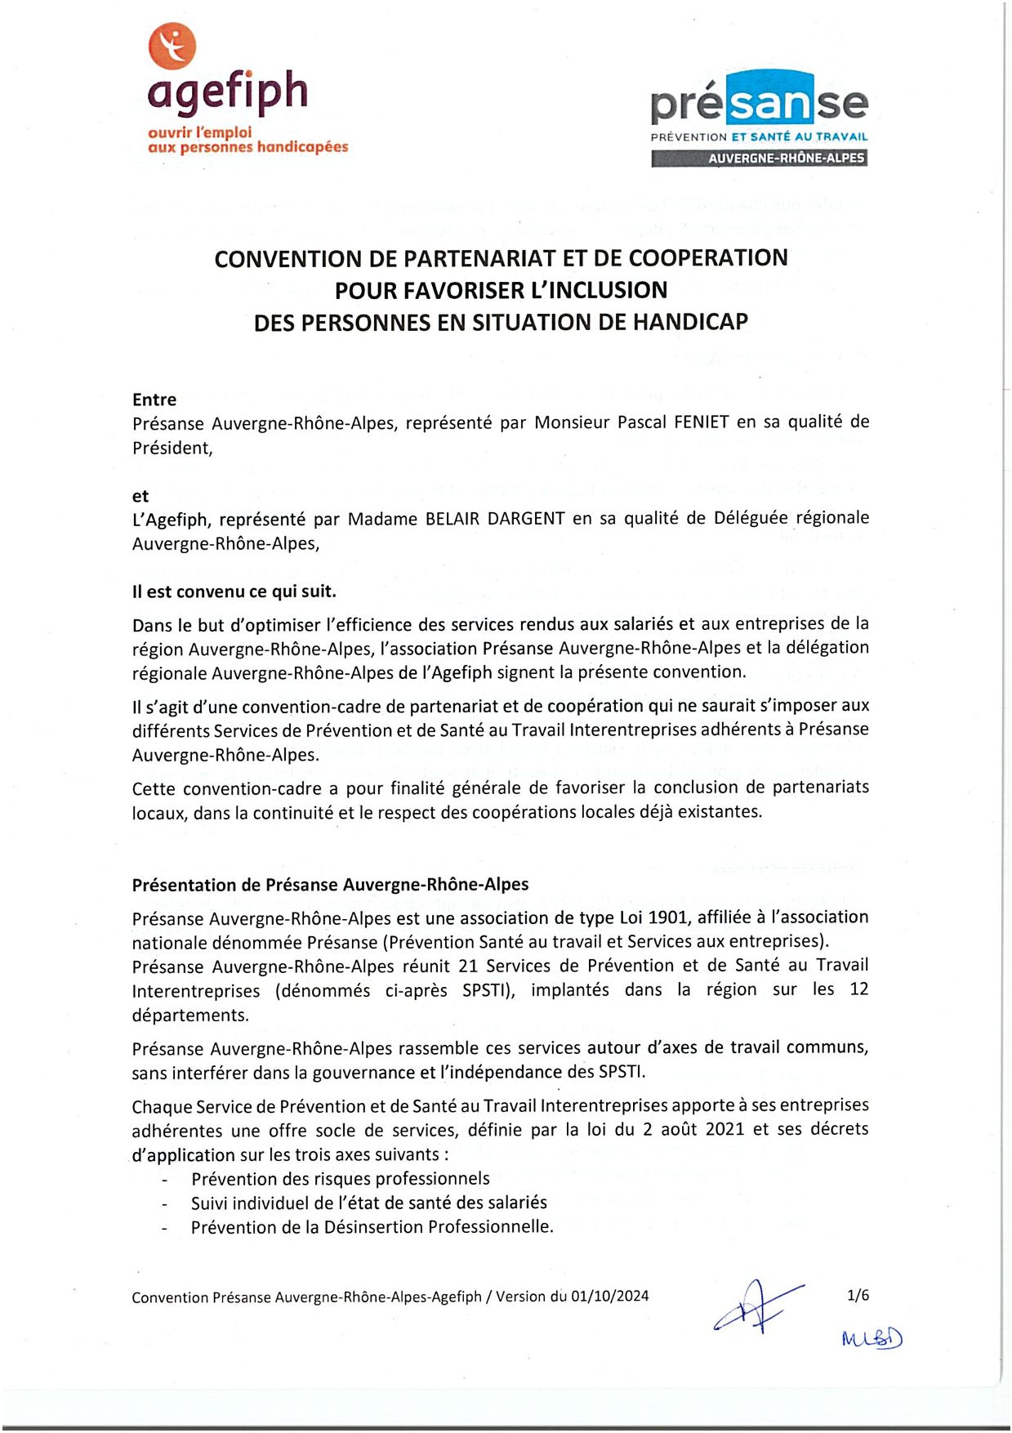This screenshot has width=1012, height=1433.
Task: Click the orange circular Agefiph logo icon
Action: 172,46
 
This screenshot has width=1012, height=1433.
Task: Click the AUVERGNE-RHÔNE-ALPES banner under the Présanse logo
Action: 759,158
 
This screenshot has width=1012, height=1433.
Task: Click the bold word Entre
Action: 154,400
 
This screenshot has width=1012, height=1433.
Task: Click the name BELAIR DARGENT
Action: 495,519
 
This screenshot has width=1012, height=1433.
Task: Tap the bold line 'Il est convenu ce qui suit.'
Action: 234,591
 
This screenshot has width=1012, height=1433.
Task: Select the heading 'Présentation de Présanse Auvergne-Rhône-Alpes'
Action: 330,884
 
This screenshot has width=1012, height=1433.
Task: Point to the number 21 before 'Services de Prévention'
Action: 467,966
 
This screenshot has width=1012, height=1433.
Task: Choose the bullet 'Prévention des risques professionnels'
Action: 340,1178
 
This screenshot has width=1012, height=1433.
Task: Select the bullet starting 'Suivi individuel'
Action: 368,1203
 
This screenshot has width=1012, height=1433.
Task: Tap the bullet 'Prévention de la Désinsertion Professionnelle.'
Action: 372,1227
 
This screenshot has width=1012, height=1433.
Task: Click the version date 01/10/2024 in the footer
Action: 609,1296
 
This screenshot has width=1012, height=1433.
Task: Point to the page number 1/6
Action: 858,1295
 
